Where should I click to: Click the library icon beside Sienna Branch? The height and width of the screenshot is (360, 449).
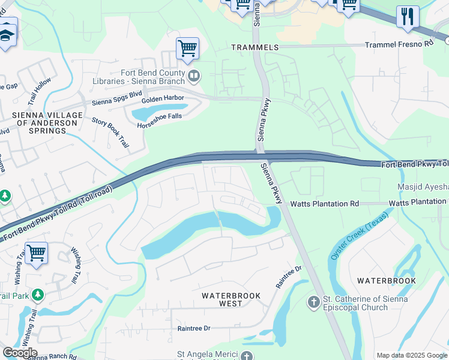[x=194, y=76]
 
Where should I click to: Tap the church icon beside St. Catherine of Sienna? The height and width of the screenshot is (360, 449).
[x=313, y=302]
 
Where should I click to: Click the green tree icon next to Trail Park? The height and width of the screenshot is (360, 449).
[x=38, y=295]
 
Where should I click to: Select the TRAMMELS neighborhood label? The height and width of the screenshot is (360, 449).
[x=255, y=47]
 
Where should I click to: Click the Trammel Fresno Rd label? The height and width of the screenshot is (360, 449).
[x=399, y=44]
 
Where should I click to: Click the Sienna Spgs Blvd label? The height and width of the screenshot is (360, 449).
[x=116, y=103]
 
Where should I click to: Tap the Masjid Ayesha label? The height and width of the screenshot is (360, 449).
[x=423, y=187]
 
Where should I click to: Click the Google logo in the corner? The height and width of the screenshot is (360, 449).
[x=20, y=353]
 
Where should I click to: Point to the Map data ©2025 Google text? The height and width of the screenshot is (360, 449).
[x=412, y=355]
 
